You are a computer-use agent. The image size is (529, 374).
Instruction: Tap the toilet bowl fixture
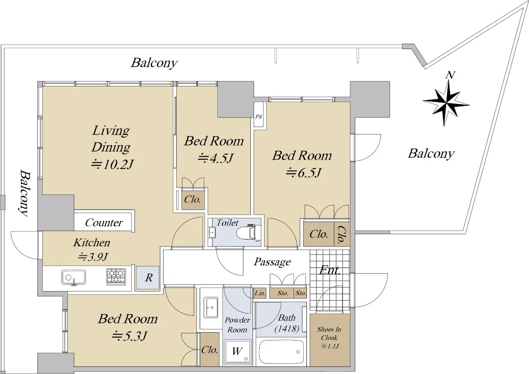pos(249,232)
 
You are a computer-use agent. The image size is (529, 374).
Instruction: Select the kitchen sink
pos(74,277)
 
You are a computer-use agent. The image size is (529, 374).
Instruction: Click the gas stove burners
pos(116,277)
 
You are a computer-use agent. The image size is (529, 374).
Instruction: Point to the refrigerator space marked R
pos(148,277)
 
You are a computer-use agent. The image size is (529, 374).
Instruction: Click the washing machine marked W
pos(237,352)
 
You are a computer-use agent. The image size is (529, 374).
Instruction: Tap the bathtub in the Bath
pos(281,352)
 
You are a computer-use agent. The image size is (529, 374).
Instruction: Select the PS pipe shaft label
pos(259,117)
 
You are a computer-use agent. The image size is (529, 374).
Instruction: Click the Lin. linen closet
pos(260,293)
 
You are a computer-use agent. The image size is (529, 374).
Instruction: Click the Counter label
pos(104,223)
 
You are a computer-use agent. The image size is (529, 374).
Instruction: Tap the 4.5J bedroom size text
pos(216,158)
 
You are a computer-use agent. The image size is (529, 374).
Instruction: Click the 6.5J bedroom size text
pos(303,173)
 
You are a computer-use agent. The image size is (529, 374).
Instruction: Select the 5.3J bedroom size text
pos(130,336)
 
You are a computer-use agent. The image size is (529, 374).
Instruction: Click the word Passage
pos(272,262)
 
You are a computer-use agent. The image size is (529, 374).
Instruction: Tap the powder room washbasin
pos(211,307)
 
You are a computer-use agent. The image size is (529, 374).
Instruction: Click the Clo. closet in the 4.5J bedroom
pos(193,199)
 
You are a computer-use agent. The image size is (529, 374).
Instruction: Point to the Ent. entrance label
pos(330,270)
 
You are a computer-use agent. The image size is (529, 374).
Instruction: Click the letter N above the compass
pos(450,75)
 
